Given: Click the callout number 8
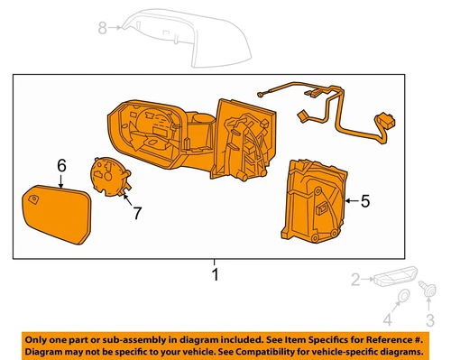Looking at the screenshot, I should (x=102, y=27).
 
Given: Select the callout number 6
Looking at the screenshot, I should (x=61, y=165).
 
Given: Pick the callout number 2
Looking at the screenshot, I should (x=355, y=280).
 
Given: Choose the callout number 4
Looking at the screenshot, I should (x=388, y=318).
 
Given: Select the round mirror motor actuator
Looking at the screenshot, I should (x=107, y=176).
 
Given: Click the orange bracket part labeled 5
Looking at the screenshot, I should (x=312, y=200).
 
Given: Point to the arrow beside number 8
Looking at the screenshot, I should (x=117, y=28).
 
